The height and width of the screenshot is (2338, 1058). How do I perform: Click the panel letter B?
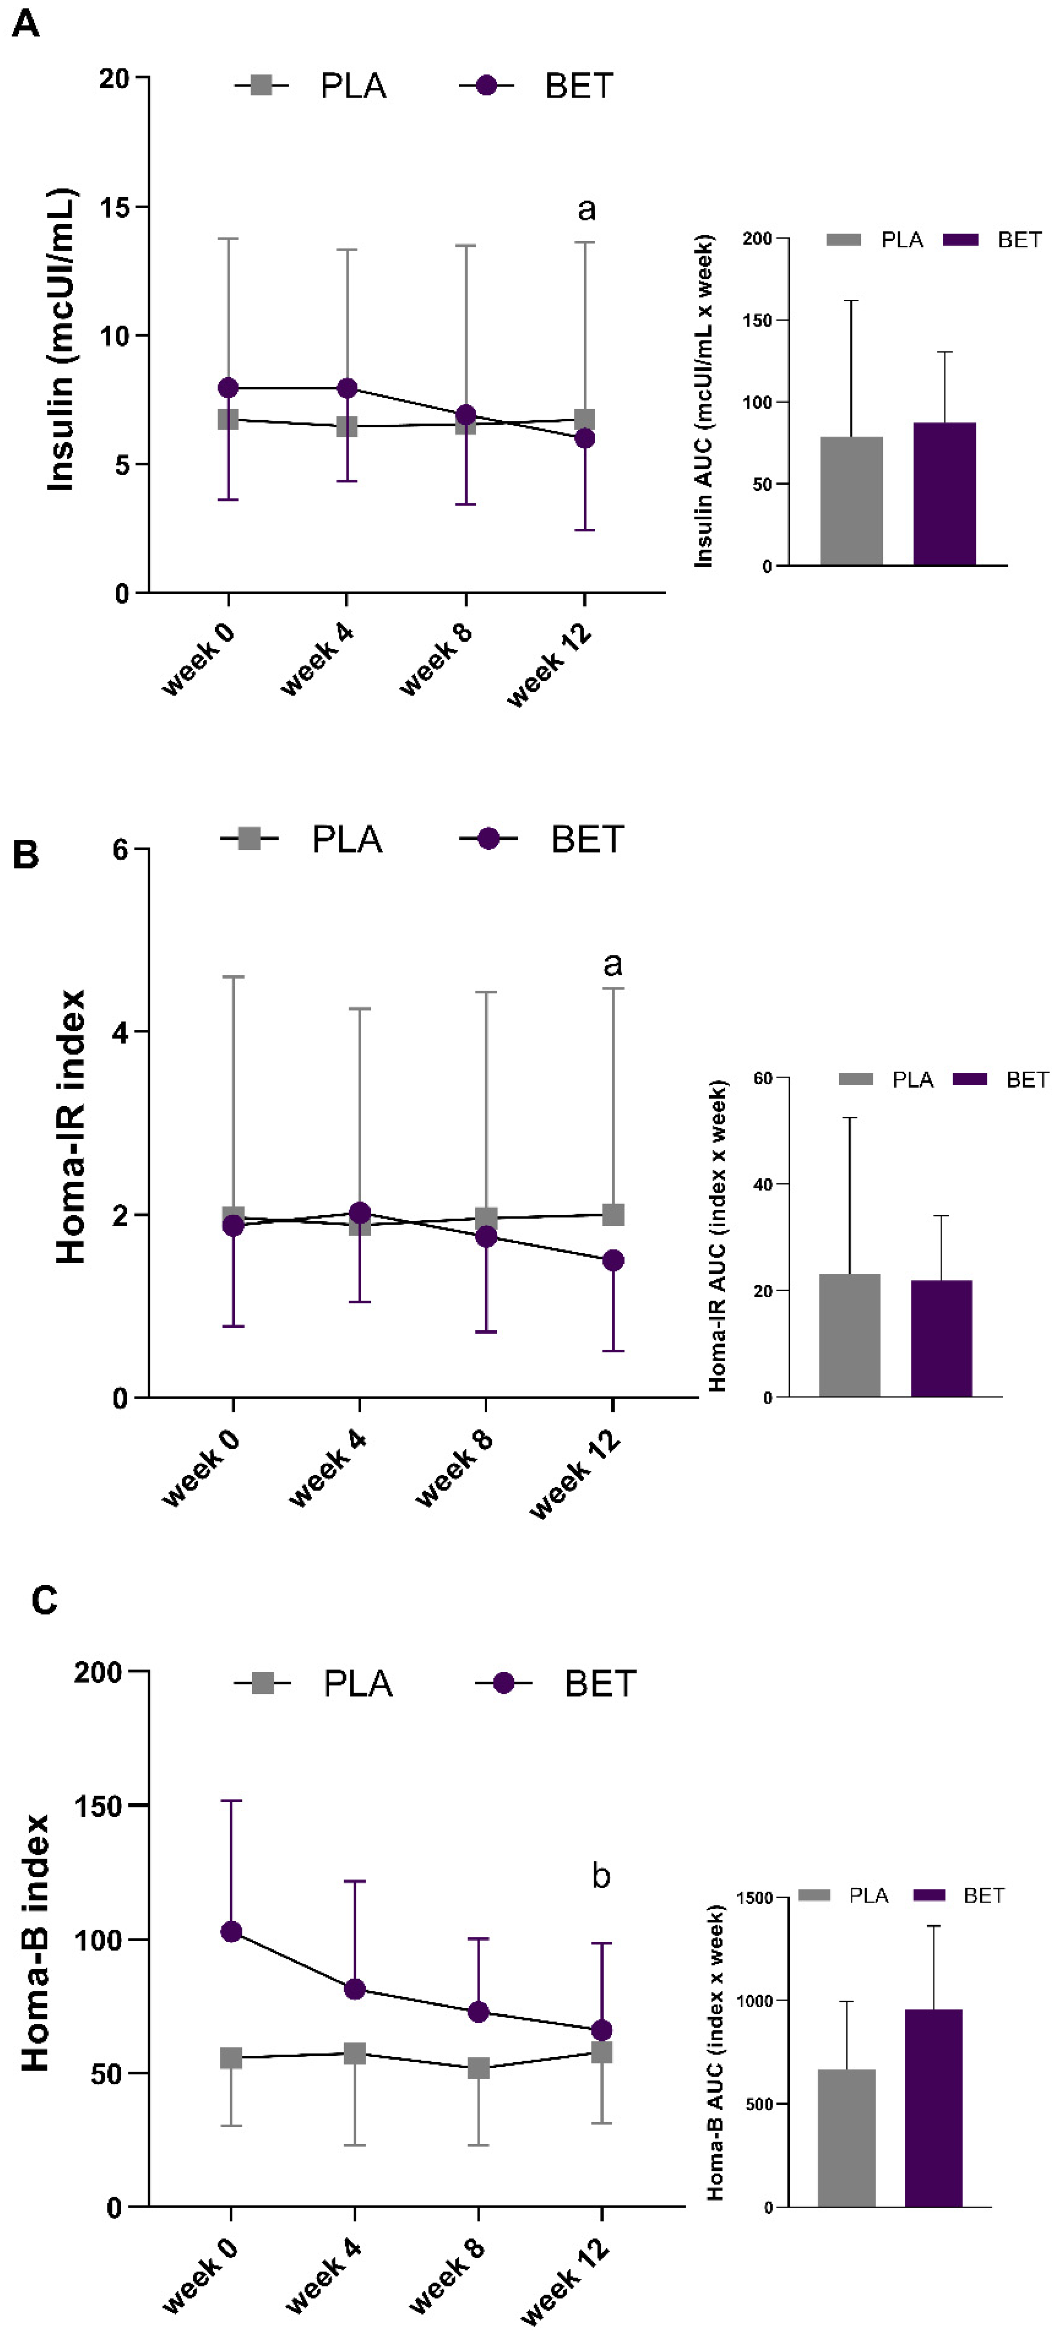pos(25,854)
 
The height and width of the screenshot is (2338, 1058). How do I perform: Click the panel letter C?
pos(43,1600)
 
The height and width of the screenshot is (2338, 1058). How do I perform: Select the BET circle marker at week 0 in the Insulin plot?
pos(228,389)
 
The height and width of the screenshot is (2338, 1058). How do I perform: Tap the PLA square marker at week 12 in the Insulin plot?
pos(584,419)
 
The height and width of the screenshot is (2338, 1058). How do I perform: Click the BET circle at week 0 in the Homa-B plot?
pos(231,1931)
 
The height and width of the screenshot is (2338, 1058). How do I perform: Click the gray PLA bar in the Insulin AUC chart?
pos(850,501)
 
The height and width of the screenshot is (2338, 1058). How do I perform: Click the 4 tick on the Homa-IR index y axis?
pos(120,1032)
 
